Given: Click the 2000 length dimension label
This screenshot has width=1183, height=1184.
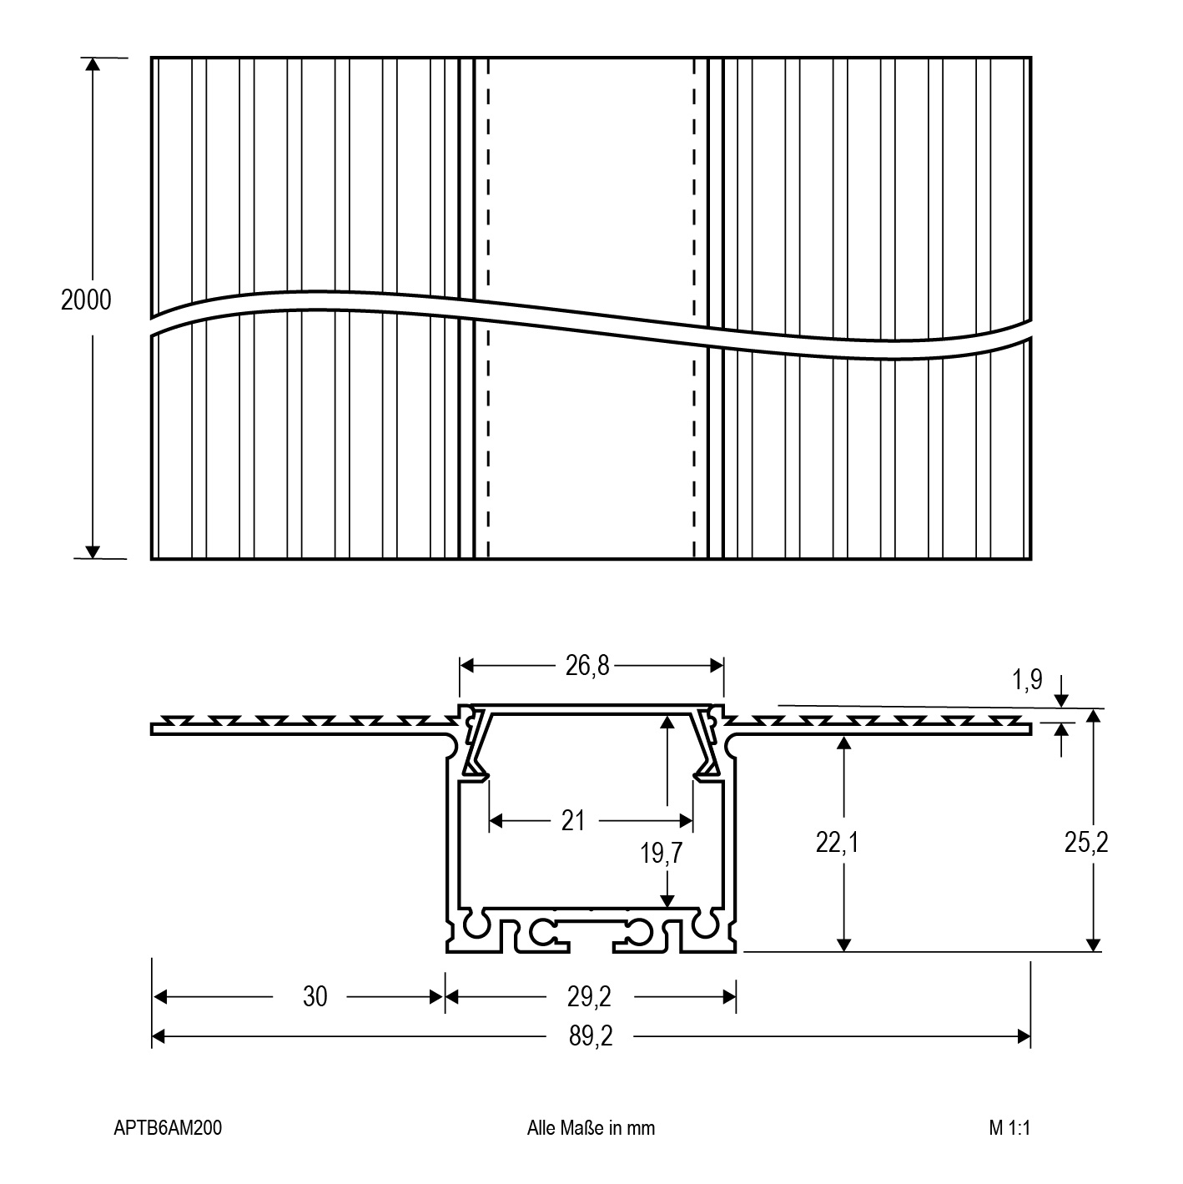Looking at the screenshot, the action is point(86,300).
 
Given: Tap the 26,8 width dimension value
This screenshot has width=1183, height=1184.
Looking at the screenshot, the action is point(587,665).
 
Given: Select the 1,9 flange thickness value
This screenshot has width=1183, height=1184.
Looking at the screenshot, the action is point(1027,679).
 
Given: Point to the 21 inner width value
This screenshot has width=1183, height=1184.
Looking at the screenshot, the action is point(573,821).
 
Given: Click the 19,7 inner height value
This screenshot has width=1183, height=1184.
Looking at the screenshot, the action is point(661,853).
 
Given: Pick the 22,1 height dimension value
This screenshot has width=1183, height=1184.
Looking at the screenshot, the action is point(837,843).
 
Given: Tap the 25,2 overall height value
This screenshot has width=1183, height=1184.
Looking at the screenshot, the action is point(1086,843).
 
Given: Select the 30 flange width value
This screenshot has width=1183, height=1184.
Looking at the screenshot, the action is point(315,996).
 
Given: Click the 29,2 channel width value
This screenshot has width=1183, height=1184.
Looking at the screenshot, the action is point(589,996).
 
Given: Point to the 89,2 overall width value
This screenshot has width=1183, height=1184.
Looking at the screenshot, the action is point(591,1036).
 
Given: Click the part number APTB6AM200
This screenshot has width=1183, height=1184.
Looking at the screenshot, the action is point(168,1128).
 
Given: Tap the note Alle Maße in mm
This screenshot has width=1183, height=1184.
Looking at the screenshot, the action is point(591,1128).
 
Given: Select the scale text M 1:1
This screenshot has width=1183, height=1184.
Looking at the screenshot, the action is point(1009,1128).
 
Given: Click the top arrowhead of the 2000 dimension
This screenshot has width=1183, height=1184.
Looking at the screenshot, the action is point(92,64).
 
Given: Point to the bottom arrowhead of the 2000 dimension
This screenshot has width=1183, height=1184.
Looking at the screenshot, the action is point(92,552).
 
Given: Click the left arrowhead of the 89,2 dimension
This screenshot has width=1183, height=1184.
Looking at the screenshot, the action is point(159,1037).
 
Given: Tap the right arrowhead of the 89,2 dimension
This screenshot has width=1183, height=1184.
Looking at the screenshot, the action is point(1024,1037).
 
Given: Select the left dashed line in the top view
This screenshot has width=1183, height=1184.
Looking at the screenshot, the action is point(488,309).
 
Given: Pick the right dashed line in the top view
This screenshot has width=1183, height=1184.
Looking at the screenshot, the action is point(694,309).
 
